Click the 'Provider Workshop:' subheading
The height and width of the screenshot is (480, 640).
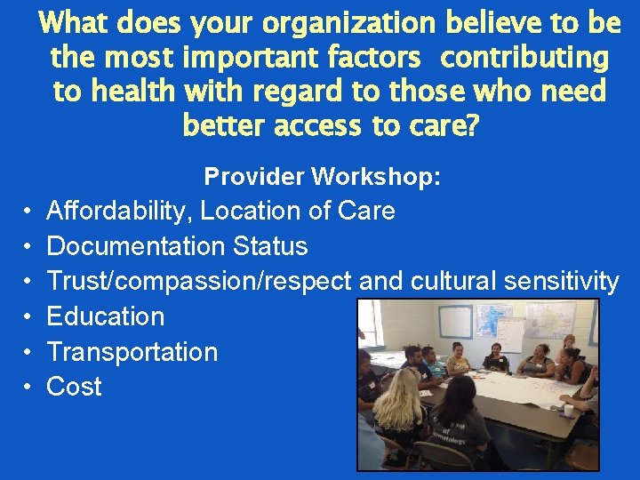[322, 176]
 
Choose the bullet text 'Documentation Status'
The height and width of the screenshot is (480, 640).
[177, 246]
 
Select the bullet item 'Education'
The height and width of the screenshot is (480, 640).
[105, 316]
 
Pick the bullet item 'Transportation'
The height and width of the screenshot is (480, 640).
[132, 352]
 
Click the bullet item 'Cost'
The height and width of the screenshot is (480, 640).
[74, 387]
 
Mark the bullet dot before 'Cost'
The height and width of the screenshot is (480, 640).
[28, 387]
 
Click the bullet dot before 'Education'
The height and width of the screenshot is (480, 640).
[28, 316]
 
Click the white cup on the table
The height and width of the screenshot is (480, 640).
[568, 410]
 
